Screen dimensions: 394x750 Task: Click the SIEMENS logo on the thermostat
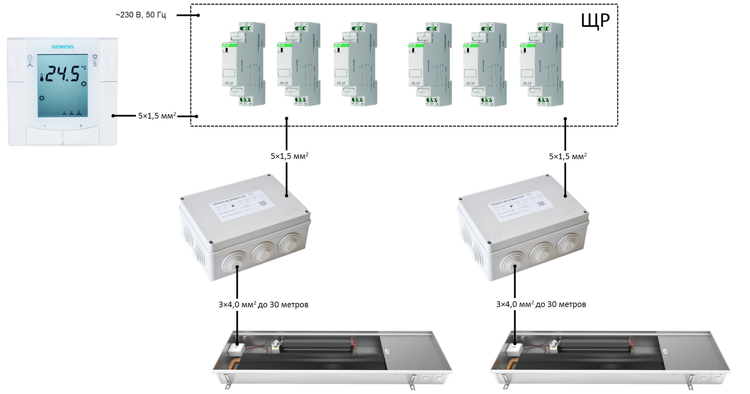click(62, 47)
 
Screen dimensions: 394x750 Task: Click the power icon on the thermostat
click(30, 57)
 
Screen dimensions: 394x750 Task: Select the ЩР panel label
click(595, 21)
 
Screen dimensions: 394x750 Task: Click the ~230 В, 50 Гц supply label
click(141, 15)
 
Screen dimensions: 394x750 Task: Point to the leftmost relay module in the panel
click(243, 64)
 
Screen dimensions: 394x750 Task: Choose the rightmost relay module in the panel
click(541, 64)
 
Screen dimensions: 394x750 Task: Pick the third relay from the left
click(355, 64)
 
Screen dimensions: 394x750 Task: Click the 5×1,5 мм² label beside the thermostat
click(157, 116)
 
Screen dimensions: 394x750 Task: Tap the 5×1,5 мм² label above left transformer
click(289, 156)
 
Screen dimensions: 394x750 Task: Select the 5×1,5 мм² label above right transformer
click(568, 156)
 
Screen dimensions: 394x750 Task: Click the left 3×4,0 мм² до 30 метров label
click(263, 305)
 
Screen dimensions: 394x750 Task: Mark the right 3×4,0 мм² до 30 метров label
click(541, 304)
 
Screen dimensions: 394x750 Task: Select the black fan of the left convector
click(316, 345)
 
